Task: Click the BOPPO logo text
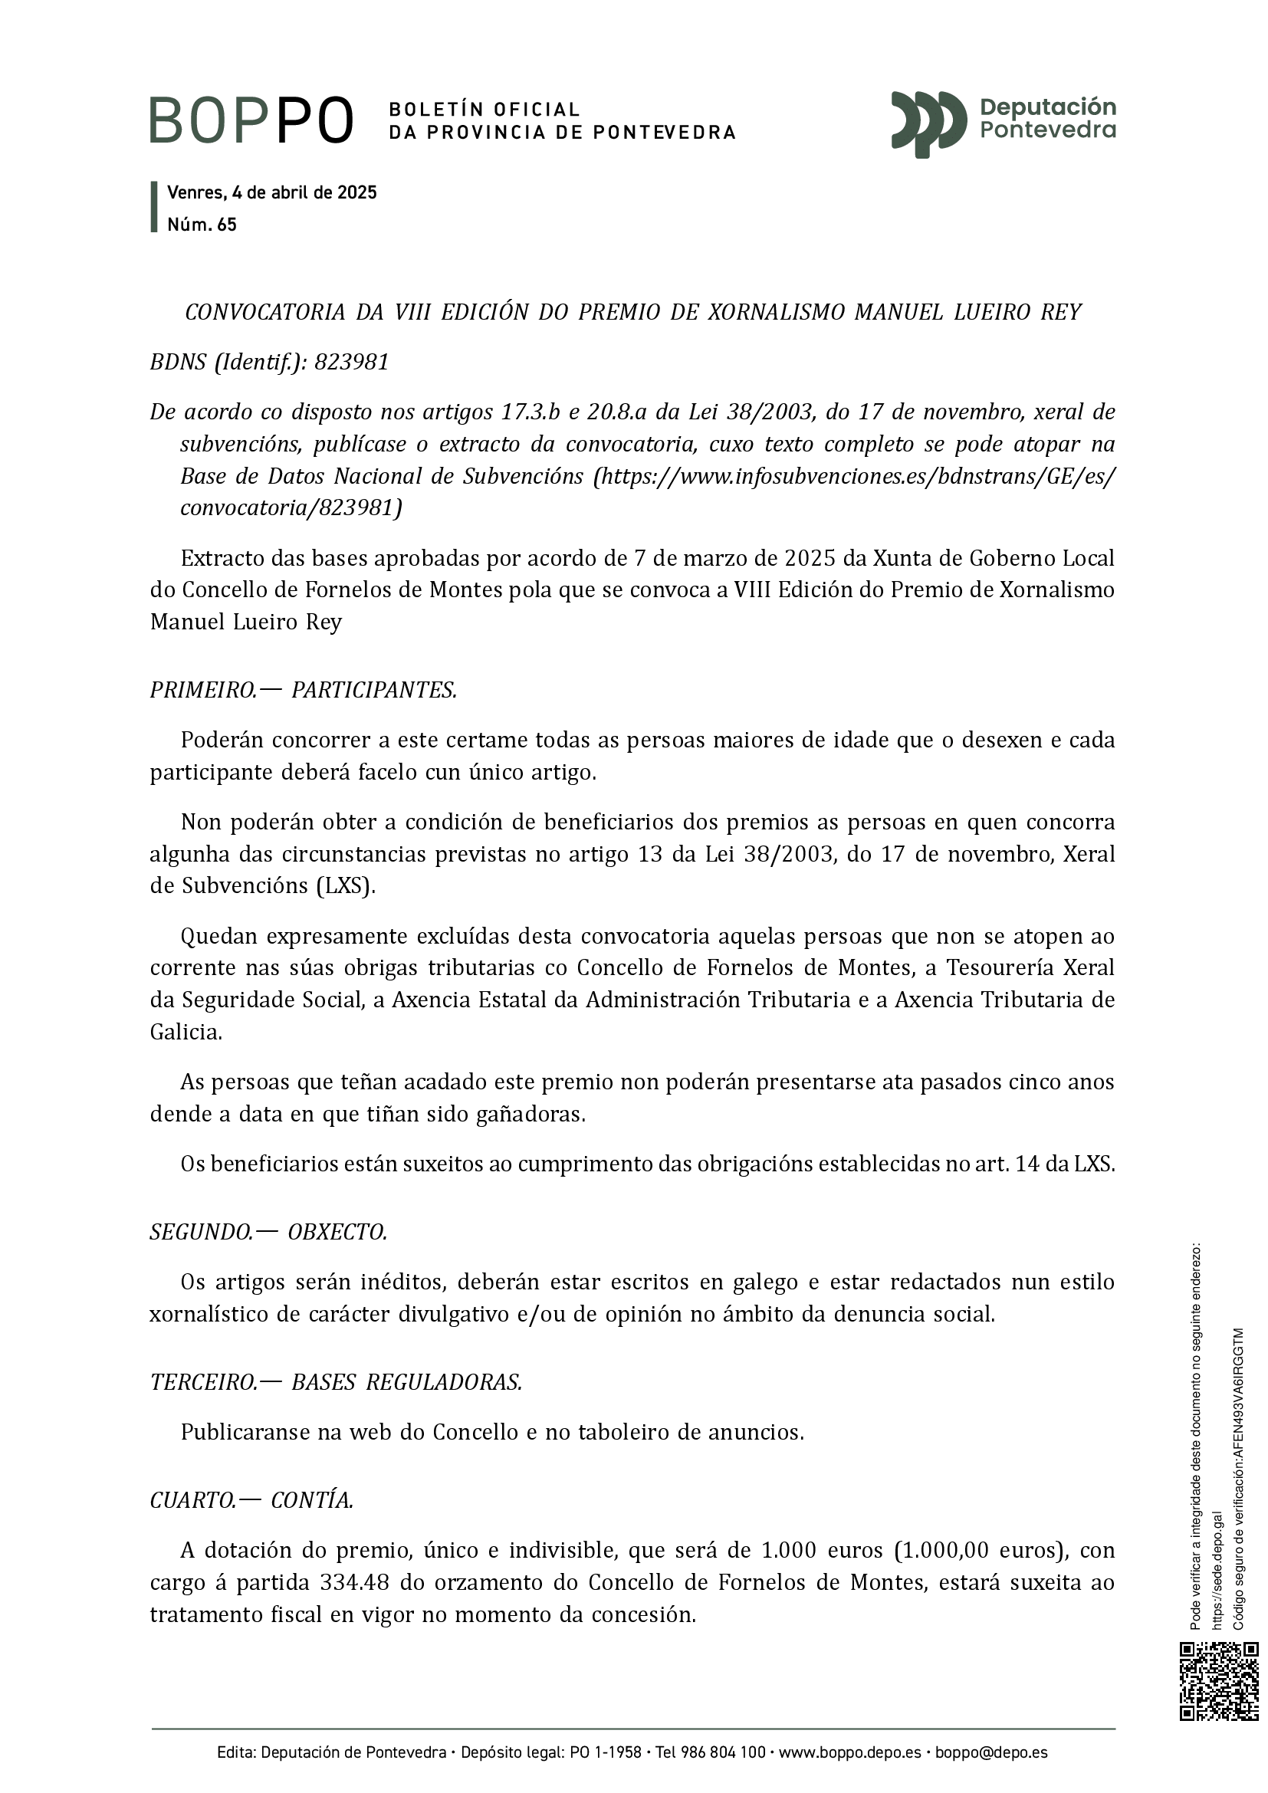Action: tap(251, 120)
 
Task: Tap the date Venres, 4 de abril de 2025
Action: tap(271, 192)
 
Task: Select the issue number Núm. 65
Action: tap(202, 225)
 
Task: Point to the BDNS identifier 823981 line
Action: tap(269, 363)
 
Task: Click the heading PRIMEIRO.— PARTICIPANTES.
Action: tap(303, 691)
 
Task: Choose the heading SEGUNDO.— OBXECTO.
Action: tap(268, 1233)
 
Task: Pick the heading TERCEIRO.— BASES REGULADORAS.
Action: tap(336, 1382)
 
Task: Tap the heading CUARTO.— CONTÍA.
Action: tap(251, 1500)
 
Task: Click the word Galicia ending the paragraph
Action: tap(186, 1033)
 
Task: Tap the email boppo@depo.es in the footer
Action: tap(991, 1752)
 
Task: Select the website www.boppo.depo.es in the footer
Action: tap(849, 1752)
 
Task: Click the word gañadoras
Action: tap(531, 1115)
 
